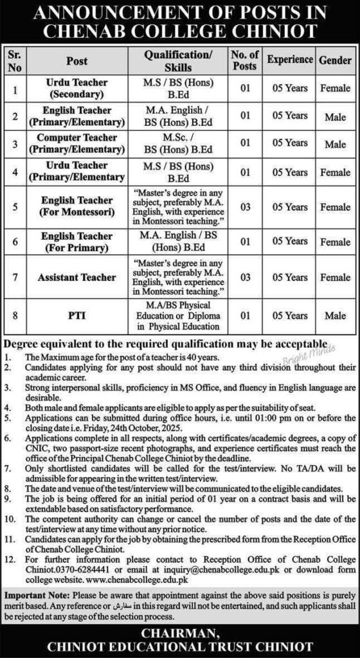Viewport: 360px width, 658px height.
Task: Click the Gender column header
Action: point(334,60)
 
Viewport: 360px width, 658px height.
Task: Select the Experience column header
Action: point(289,60)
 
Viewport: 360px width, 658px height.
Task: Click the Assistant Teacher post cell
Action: point(85,277)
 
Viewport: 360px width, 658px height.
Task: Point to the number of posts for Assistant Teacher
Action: point(244,277)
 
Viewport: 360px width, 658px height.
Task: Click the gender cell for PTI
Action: point(334,316)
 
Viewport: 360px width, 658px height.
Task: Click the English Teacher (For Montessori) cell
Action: point(85,207)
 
